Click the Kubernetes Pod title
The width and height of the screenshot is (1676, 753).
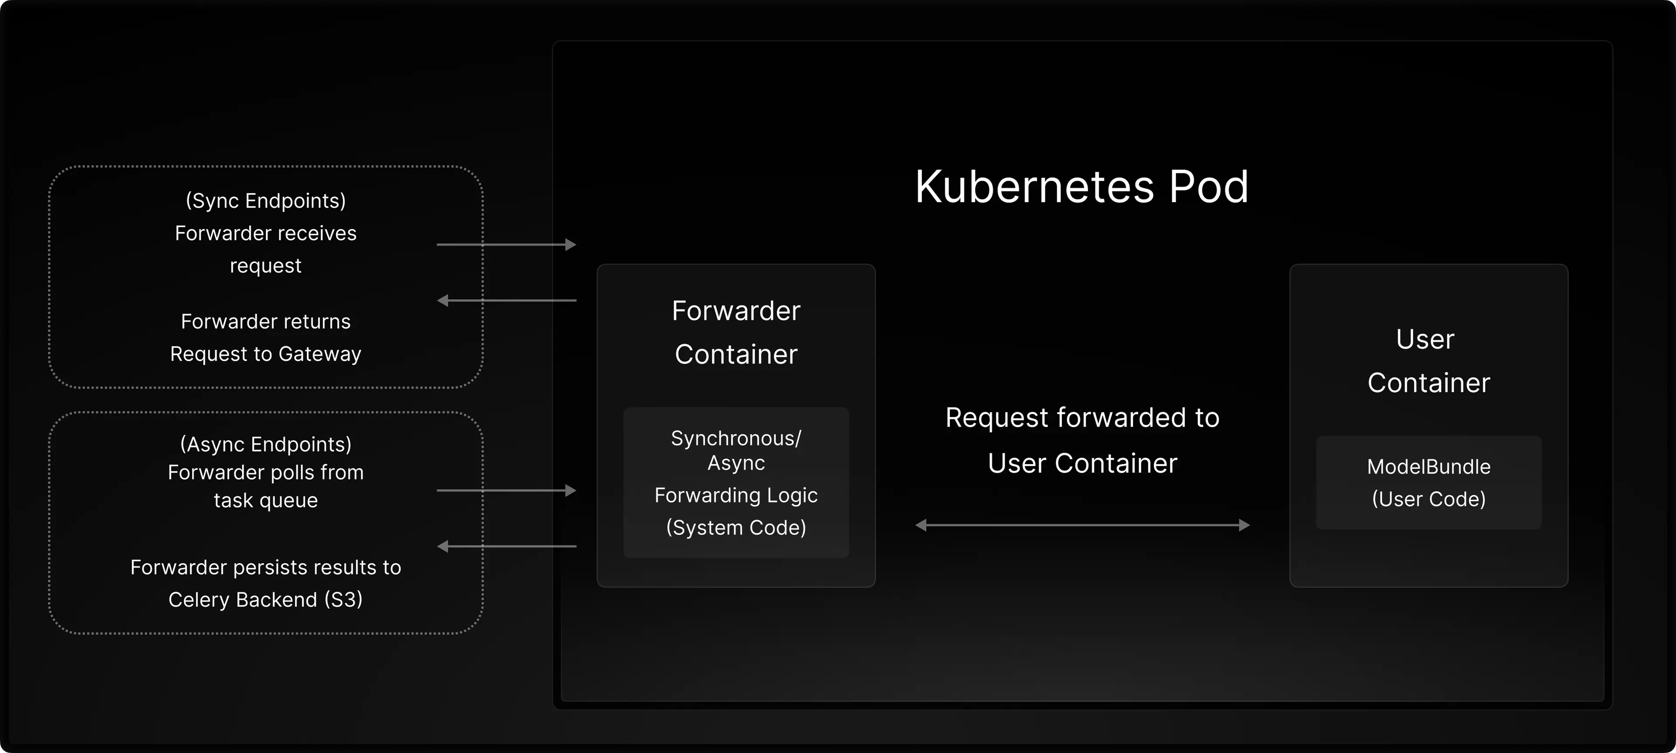pos(1082,187)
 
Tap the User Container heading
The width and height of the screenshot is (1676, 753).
pos(1428,361)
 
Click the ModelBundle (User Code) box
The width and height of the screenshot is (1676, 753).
pos(1428,483)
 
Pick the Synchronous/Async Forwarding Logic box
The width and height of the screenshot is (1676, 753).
pos(736,482)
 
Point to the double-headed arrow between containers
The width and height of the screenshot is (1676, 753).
pos(1082,525)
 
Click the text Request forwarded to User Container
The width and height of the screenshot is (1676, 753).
pos(1082,440)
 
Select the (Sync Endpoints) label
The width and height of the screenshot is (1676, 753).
pos(265,200)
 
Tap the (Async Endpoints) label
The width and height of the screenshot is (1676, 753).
pos(265,444)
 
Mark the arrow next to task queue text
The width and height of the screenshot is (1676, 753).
pos(506,491)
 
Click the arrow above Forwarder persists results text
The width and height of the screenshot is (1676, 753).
pos(506,547)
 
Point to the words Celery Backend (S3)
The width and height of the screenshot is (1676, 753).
pos(265,599)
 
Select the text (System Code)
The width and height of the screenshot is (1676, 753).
pos(736,527)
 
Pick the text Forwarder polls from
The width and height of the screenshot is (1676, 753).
pos(265,472)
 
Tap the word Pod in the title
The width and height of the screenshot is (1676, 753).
pos(1209,187)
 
